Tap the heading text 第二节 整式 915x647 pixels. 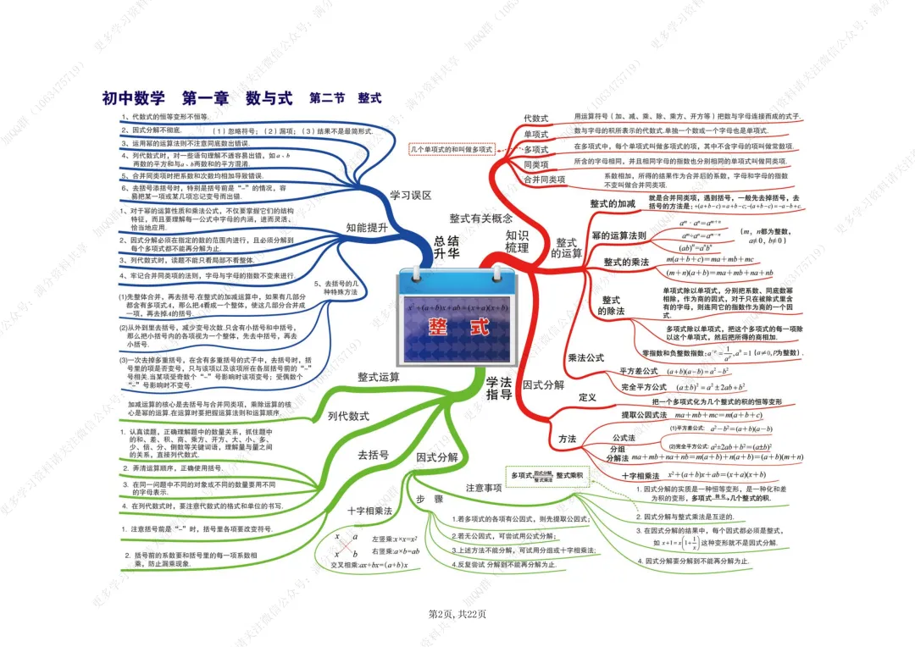point(346,98)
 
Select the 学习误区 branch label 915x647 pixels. point(410,195)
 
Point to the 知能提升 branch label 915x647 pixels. point(367,227)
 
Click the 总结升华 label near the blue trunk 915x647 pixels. point(446,246)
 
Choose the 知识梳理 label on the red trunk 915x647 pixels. point(517,241)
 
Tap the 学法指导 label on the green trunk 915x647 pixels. point(499,389)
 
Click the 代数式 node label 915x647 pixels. point(535,119)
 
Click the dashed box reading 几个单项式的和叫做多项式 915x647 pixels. point(451,149)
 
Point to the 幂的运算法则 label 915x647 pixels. point(618,235)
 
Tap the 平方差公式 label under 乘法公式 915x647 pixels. point(639,371)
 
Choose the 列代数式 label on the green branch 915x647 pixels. point(348,416)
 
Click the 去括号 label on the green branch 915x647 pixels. point(373,455)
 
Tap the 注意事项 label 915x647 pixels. point(484,488)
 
